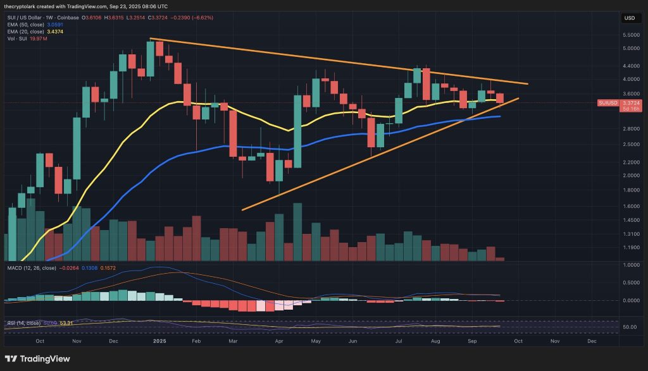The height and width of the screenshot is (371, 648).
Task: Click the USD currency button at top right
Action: click(x=630, y=18)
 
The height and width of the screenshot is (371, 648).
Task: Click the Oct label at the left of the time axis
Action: click(x=40, y=340)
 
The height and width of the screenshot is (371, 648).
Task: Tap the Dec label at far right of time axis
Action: click(x=592, y=340)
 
